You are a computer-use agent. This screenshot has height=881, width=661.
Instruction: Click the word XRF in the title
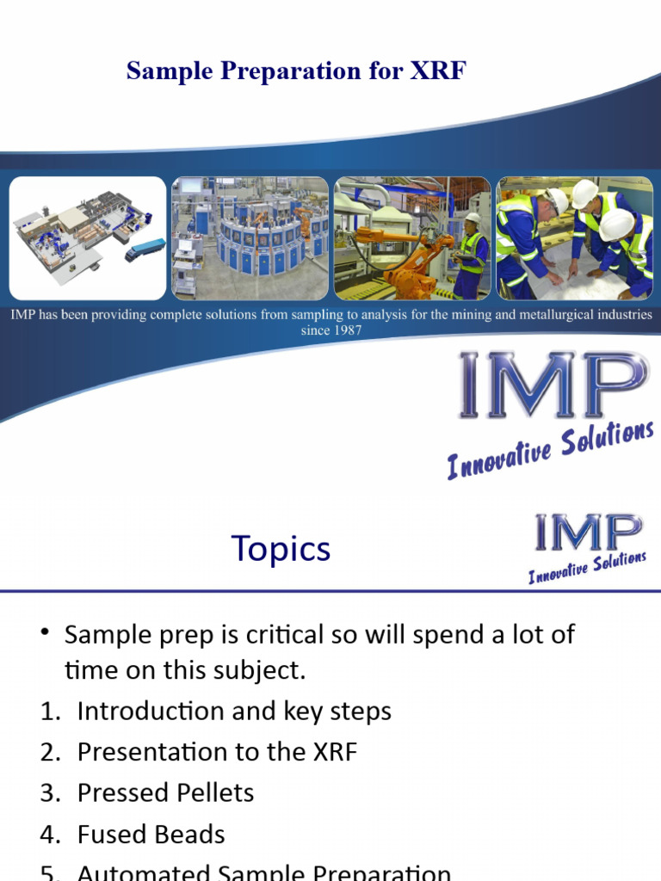pyautogui.click(x=440, y=71)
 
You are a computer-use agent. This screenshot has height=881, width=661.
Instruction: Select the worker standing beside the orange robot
pyautogui.click(x=471, y=256)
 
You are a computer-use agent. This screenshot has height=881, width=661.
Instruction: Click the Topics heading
pyautogui.click(x=281, y=548)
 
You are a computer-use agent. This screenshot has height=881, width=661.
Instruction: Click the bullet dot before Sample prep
pyautogui.click(x=46, y=634)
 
